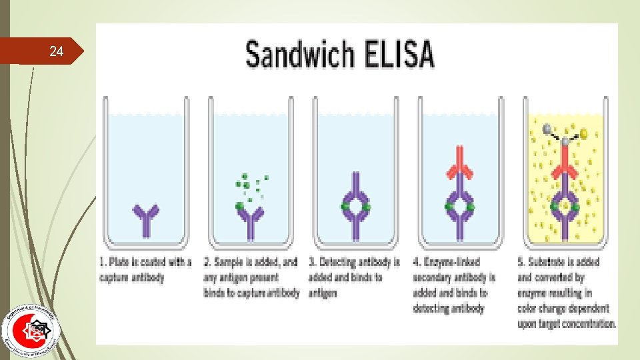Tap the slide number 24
point(57,51)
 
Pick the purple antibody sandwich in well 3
point(356,207)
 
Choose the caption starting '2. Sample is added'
point(251,277)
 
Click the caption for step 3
point(355,277)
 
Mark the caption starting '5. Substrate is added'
point(567,293)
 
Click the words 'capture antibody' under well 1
point(132,277)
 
